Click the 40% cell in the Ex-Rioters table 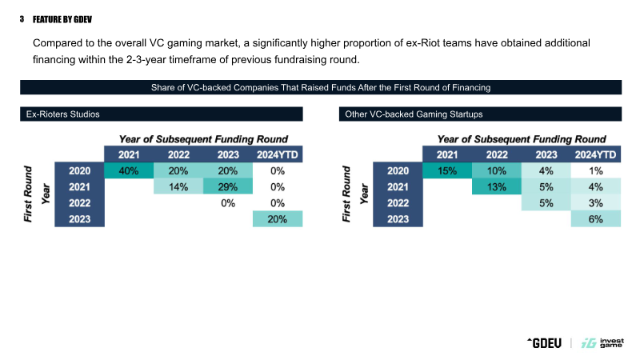point(128,170)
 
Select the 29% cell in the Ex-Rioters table point(228,186)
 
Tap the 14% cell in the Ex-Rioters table point(178,186)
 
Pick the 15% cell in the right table point(447,170)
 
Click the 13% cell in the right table point(497,186)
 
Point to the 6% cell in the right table point(595,219)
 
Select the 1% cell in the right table point(595,170)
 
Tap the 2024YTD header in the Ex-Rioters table point(278,154)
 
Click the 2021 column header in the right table point(447,154)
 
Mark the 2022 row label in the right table point(398,203)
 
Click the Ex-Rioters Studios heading point(63,114)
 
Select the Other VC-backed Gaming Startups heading point(414,114)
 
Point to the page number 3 point(22,18)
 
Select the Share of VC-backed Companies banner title point(320,86)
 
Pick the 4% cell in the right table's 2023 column point(546,170)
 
